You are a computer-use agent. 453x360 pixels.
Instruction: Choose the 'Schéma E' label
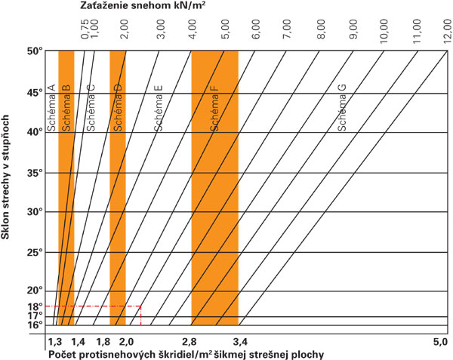[159, 109]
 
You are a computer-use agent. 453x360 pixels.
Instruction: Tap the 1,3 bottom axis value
[55, 342]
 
